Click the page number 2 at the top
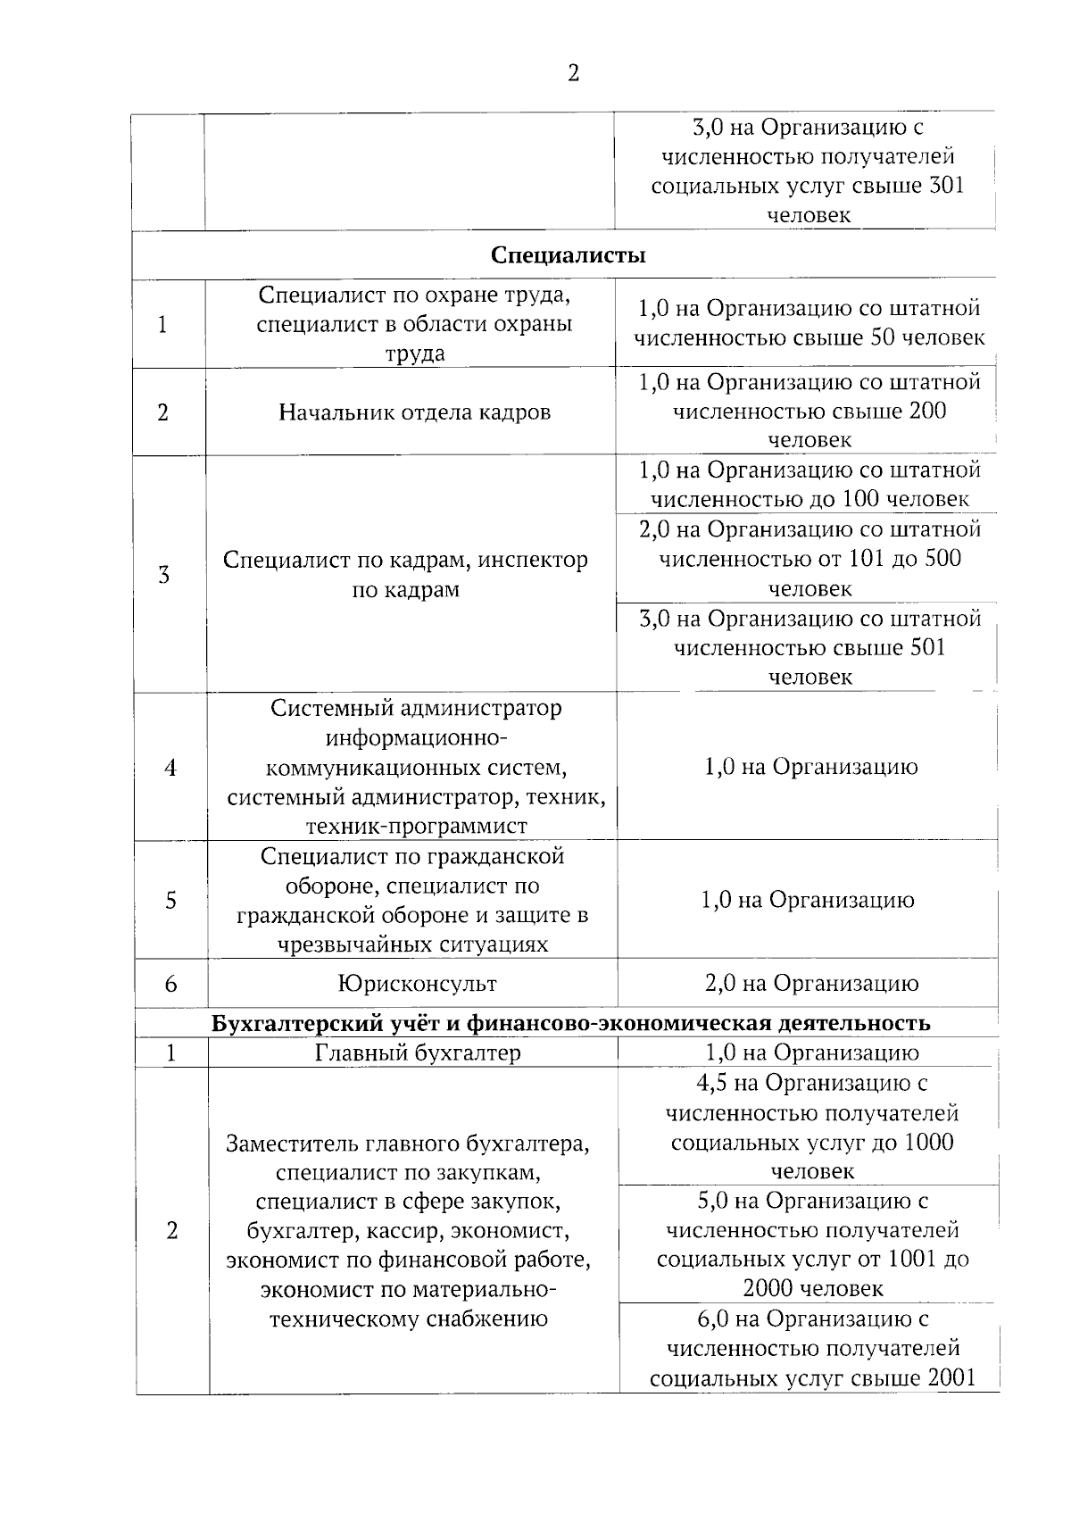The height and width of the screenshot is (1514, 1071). tap(573, 73)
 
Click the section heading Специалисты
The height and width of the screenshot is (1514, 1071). tap(569, 255)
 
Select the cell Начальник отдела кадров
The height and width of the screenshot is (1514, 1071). tap(414, 412)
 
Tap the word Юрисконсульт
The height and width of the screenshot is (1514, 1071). tap(417, 984)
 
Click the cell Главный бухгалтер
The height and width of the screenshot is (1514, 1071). tap(417, 1052)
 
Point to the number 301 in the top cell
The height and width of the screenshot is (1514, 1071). tap(946, 186)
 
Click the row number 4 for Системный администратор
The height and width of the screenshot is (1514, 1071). tap(170, 768)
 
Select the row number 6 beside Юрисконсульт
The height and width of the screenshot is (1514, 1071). tap(170, 984)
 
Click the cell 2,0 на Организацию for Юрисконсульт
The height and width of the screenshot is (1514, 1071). tap(811, 984)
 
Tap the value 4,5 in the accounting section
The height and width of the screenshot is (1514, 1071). tap(713, 1083)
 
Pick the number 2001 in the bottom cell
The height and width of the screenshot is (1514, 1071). tap(951, 1377)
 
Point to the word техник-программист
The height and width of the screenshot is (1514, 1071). tap(417, 826)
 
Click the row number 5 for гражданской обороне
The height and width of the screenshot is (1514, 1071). tap(170, 900)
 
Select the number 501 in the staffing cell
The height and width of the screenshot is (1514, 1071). tap(927, 647)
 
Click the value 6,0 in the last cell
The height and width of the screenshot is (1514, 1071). tap(713, 1319)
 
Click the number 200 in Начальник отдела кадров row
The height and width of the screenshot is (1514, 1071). tap(928, 411)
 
